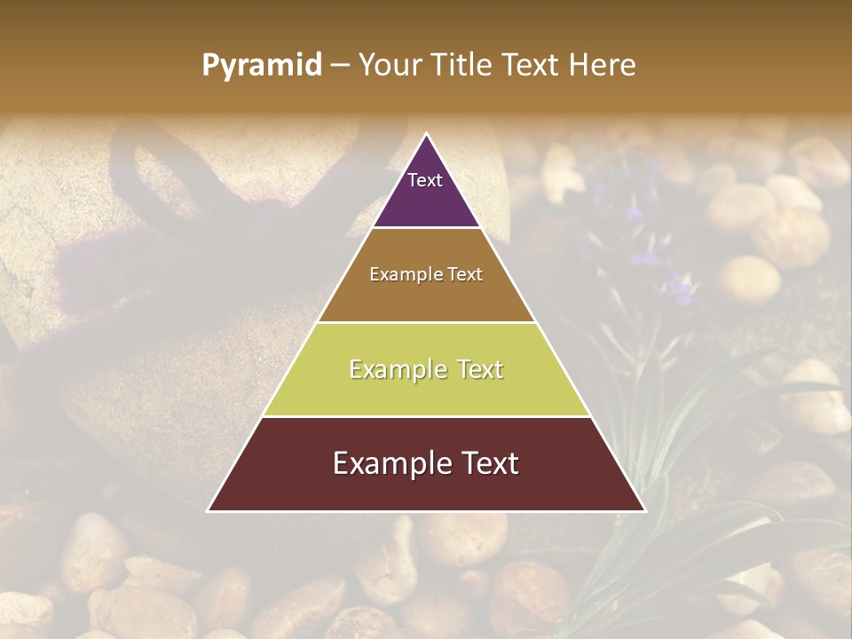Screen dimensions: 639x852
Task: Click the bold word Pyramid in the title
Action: [261, 66]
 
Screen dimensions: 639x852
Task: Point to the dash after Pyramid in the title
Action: [340, 66]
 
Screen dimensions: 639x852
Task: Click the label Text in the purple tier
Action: [425, 180]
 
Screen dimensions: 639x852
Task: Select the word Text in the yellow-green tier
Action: [474, 369]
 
